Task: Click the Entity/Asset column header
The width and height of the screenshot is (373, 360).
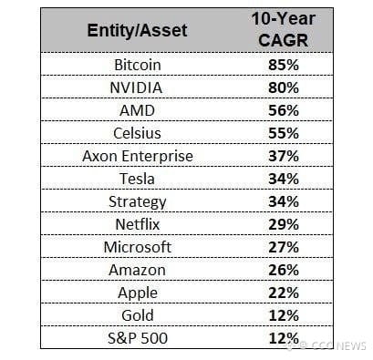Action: (x=137, y=30)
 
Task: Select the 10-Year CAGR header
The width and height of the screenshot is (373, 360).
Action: (x=284, y=29)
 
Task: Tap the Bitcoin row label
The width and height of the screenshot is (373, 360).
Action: (x=138, y=65)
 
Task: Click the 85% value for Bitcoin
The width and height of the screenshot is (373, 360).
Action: (x=284, y=65)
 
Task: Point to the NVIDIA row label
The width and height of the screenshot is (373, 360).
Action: (x=136, y=87)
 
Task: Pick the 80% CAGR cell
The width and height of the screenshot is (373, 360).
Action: (x=284, y=87)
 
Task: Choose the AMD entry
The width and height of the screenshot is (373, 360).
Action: (x=137, y=110)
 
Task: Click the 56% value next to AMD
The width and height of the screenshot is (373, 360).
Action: (x=284, y=110)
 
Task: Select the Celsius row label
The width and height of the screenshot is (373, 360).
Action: (x=137, y=133)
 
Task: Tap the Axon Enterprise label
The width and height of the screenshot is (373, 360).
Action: (x=138, y=156)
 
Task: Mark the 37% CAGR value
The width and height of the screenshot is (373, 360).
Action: (x=284, y=156)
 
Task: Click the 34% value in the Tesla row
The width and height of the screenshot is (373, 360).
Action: (x=284, y=179)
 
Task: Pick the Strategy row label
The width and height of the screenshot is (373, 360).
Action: (x=138, y=202)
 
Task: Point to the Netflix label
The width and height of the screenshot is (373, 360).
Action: (x=138, y=224)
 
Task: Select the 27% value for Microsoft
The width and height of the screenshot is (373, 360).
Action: (x=284, y=247)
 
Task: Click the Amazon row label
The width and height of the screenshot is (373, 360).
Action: (x=137, y=270)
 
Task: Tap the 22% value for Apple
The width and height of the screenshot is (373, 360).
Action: (x=284, y=293)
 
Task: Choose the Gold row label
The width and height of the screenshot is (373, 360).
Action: (x=138, y=315)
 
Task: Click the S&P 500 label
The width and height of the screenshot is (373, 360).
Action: (x=138, y=338)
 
